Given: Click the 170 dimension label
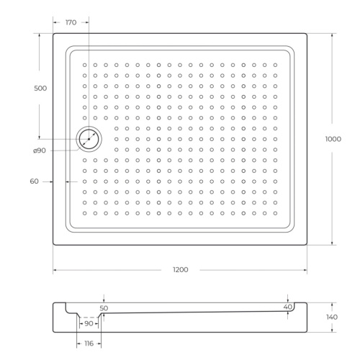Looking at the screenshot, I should (71, 23).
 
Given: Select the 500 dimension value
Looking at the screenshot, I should (40, 88).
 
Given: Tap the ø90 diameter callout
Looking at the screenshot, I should (40, 150).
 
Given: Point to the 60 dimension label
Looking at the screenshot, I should (34, 181).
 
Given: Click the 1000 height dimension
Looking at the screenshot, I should (332, 140).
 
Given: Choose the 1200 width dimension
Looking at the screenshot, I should (180, 269).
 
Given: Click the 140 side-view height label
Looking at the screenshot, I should (332, 317).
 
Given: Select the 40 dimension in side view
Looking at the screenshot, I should (288, 307).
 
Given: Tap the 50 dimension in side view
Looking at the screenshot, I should (104, 308).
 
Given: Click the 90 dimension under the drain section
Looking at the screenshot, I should (89, 323).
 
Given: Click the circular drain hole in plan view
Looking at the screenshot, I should (90, 138).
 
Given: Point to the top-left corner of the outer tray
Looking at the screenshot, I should (54, 33).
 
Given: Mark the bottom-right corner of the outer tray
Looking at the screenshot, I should (307, 245).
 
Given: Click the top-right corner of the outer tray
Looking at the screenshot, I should (307, 33).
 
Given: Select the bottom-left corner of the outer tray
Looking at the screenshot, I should (54, 245).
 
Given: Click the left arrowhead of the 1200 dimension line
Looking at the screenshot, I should (55, 270).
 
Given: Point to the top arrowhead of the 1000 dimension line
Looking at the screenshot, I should (332, 35).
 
